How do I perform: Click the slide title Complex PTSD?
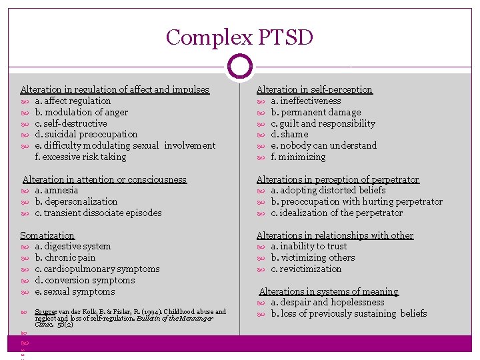point(239,37)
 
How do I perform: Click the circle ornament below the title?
point(239,67)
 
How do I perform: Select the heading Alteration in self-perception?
point(314,89)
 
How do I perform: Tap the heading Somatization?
point(47,235)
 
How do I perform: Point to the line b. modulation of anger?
point(81,112)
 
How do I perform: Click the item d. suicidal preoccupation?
point(86,134)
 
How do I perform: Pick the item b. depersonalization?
point(76,201)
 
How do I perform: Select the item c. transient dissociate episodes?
point(98,213)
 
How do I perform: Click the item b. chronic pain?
point(65,257)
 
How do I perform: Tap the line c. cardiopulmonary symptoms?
point(97,269)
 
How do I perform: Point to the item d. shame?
point(289,134)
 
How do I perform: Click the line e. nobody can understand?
point(323,145)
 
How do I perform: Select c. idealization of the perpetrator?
point(337,213)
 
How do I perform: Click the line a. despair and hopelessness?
point(327,302)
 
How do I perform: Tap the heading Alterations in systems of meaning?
point(328,291)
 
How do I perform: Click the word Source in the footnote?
point(45,311)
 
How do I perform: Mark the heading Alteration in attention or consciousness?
point(105,179)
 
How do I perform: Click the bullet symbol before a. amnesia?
point(25,191)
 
